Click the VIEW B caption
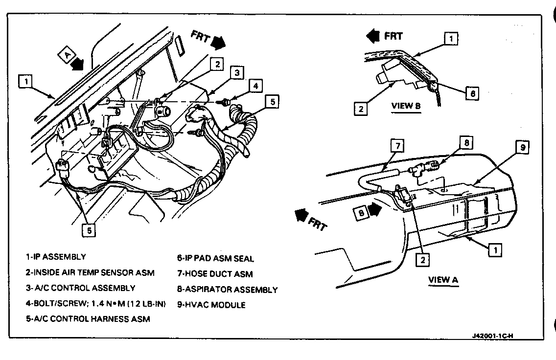tap(406, 106)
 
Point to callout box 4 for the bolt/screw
tap(255, 85)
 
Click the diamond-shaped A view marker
tap(66, 55)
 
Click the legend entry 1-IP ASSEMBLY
tap(56, 257)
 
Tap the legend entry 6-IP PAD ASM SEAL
tap(215, 258)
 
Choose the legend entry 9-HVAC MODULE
tap(211, 305)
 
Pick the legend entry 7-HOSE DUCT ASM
tap(215, 274)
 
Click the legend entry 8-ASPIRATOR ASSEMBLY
tap(228, 290)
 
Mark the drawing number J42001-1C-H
tap(492, 336)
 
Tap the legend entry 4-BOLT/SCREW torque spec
tap(96, 304)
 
